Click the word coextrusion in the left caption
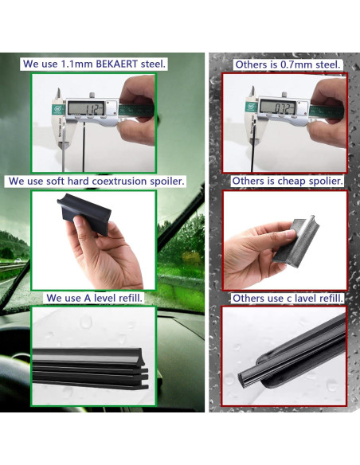(120, 181)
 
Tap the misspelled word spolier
(324, 181)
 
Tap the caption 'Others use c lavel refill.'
(288, 298)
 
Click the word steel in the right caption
(326, 64)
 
